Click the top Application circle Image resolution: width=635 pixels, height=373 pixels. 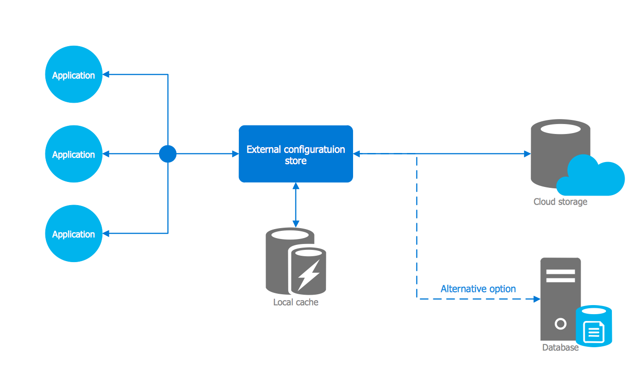pos(73,75)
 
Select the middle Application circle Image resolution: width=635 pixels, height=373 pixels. pos(73,154)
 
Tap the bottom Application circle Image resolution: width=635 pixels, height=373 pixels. pos(73,234)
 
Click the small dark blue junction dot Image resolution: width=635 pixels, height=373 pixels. pos(168,154)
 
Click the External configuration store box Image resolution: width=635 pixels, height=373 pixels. pos(296,154)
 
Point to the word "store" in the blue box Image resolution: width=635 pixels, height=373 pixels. pos(296,161)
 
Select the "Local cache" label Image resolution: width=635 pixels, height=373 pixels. pos(296,302)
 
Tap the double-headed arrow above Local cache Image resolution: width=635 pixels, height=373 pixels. pos(296,205)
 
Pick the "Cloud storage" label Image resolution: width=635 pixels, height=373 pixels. pos(560,202)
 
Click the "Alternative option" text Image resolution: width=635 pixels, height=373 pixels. pos(478,289)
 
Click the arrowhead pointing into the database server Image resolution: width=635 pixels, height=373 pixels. pos(537,299)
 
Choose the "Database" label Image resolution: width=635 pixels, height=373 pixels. pos(560,348)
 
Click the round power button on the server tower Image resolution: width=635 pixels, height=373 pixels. pos(561,324)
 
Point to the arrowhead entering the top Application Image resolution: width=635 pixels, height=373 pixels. pos(106,74)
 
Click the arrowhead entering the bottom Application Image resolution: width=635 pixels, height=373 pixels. pos(106,234)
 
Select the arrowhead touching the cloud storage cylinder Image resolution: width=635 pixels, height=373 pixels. pos(527,154)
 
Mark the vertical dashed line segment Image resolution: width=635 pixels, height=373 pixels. pos(417,226)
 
